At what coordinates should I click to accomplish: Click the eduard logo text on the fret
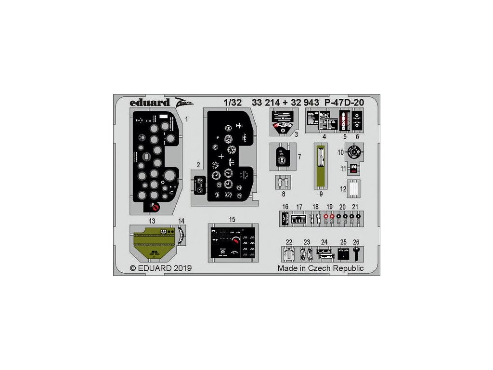tap(150, 102)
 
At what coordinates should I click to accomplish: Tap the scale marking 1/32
tap(231, 102)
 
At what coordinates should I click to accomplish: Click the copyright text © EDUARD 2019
tap(160, 268)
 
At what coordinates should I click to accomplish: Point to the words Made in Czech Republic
tap(320, 268)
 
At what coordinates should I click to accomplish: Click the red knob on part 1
tap(156, 207)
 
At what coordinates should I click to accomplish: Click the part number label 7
tap(299, 157)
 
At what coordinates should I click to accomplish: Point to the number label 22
tap(289, 241)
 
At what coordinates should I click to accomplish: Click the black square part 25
tap(343, 253)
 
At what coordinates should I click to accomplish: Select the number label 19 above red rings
tap(329, 207)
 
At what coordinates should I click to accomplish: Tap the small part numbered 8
tap(284, 183)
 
